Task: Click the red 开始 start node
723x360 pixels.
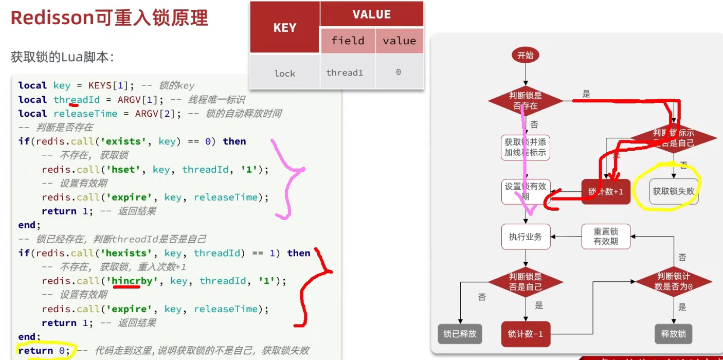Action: click(x=525, y=56)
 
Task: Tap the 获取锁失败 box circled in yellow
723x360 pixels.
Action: click(x=674, y=191)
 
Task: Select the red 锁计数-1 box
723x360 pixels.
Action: click(x=525, y=334)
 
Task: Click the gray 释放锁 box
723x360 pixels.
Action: click(x=673, y=334)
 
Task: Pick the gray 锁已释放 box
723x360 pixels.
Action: click(x=460, y=334)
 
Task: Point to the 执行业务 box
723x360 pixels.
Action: click(x=525, y=237)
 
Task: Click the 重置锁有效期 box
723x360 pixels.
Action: click(x=606, y=237)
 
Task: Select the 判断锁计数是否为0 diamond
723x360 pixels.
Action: click(x=673, y=281)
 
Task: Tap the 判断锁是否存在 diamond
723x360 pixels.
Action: click(x=525, y=101)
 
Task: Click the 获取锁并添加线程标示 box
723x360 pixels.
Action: click(x=525, y=147)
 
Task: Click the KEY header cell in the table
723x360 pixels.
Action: click(x=285, y=28)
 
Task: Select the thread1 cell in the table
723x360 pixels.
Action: click(x=345, y=73)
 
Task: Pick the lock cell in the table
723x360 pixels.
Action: click(x=285, y=73)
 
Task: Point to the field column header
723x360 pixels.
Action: click(x=348, y=41)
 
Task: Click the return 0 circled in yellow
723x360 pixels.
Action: click(x=43, y=351)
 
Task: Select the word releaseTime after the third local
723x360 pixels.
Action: click(x=85, y=113)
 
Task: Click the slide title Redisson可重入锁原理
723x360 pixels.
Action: click(x=109, y=18)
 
